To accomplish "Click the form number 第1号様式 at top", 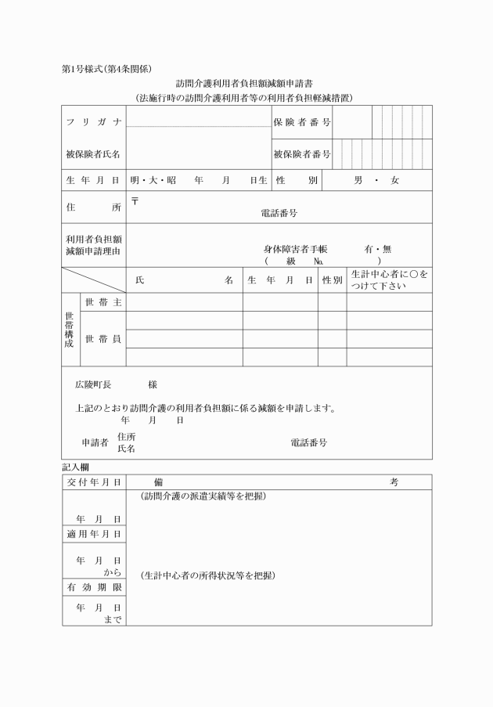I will [83, 69].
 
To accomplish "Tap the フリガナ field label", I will [92, 123].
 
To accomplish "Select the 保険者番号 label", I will [301, 123].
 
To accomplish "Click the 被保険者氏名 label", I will [92, 154].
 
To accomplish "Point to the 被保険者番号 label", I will [301, 154].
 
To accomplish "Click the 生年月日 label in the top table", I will [92, 181].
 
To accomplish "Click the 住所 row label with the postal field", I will [92, 208].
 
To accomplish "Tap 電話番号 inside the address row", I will [279, 212].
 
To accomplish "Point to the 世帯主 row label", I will [102, 302].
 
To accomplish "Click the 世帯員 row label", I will [102, 339].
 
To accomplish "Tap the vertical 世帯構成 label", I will [70, 330].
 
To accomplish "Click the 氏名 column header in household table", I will [184, 280].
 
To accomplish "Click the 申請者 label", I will [95, 442].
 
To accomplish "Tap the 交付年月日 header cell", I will [92, 482].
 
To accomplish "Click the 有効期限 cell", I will [92, 586].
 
